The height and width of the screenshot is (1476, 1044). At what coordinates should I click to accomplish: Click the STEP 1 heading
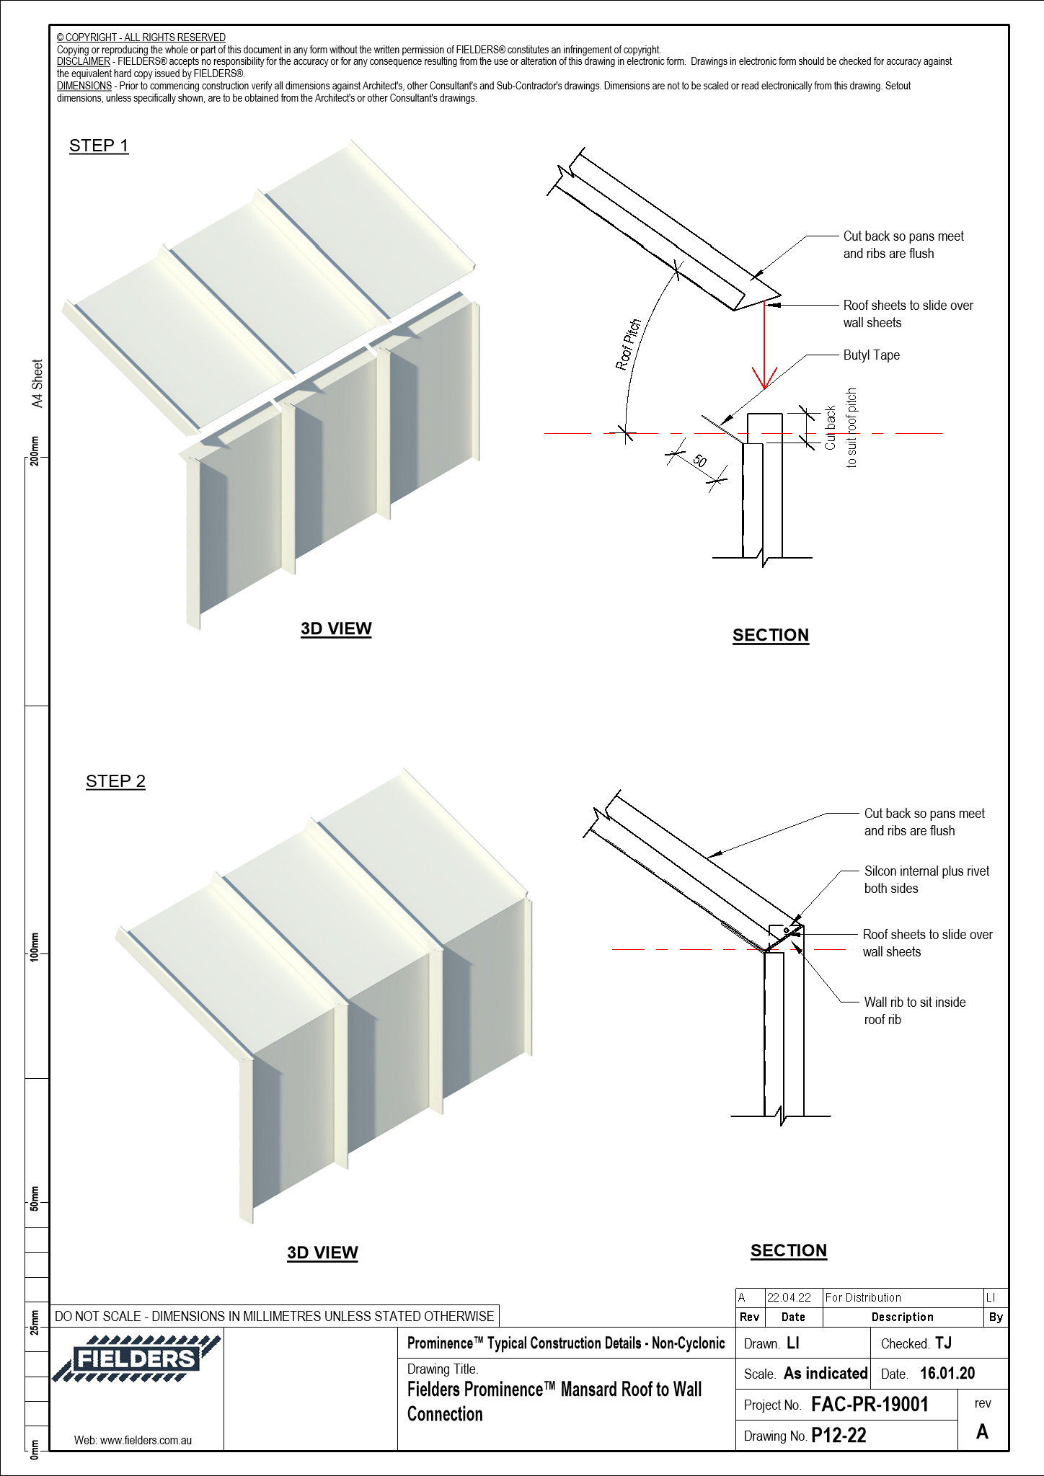[99, 146]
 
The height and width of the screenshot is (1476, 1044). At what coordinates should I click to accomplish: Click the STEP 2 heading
[115, 781]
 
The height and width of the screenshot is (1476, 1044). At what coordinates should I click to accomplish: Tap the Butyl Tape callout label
[871, 355]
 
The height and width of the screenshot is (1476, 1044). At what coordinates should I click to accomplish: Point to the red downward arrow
[764, 346]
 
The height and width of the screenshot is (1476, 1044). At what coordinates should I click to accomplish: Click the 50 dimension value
[699, 461]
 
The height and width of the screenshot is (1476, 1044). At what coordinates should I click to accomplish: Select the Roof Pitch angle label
[628, 344]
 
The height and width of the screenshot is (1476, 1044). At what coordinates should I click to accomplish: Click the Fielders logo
[136, 1359]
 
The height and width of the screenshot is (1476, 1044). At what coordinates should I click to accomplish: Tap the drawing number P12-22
[839, 1436]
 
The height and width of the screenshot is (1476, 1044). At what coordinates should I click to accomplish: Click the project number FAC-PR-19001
[870, 1405]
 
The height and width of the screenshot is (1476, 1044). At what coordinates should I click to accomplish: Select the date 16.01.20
[947, 1374]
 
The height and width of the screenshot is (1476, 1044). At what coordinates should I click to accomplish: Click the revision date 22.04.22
[789, 1298]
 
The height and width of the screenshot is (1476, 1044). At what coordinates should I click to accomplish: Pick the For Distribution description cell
[863, 1298]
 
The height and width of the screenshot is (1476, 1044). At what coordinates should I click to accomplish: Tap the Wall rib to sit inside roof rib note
[914, 1010]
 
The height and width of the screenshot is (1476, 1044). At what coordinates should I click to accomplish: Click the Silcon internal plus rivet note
[926, 879]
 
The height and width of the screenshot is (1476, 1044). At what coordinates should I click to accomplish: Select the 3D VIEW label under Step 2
[322, 1253]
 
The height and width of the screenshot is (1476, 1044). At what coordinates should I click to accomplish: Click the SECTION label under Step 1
[771, 635]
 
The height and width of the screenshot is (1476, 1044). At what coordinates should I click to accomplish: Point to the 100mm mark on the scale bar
[35, 946]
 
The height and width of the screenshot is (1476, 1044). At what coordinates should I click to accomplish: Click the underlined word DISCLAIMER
[84, 61]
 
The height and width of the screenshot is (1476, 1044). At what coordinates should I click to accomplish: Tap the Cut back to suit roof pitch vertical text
[841, 428]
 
